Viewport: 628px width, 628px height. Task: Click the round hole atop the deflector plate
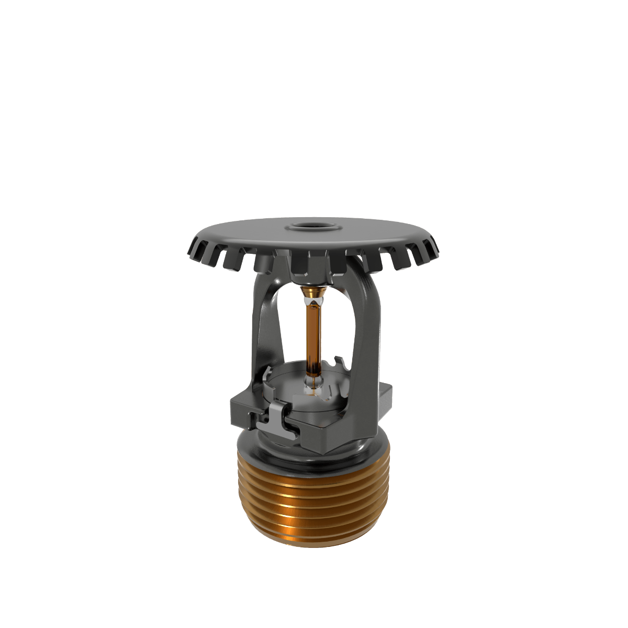(312, 228)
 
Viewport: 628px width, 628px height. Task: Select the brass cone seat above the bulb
(313, 296)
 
